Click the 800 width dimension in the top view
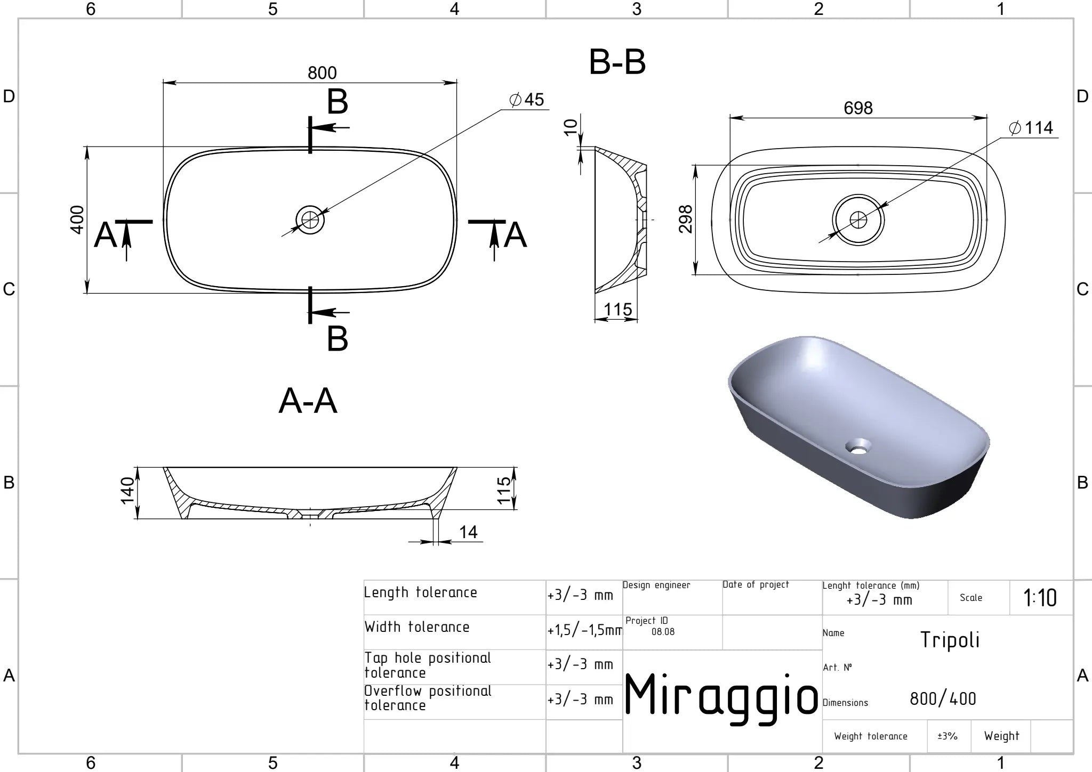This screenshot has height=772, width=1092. [x=322, y=73]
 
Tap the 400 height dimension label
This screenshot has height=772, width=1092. [x=77, y=220]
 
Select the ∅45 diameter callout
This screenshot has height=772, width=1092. [x=526, y=100]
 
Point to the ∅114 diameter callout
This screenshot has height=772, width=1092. [x=1031, y=128]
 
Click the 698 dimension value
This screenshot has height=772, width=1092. [x=858, y=108]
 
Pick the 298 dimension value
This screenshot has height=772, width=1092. [x=685, y=219]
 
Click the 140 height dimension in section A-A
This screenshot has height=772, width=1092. [x=127, y=490]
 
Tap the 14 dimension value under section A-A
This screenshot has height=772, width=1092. [x=468, y=532]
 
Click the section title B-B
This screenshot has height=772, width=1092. [x=617, y=62]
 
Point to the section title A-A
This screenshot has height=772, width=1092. [x=308, y=401]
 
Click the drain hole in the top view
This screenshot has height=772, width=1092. [x=310, y=220]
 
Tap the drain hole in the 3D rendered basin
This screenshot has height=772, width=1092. [x=858, y=446]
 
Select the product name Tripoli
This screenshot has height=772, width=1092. [x=950, y=640]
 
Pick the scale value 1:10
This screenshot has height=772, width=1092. [x=1040, y=598]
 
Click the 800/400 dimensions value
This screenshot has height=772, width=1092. [x=943, y=698]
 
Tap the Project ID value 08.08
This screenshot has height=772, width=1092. [x=663, y=632]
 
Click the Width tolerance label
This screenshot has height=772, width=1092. [x=417, y=627]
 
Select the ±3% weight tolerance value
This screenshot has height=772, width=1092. [x=948, y=736]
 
